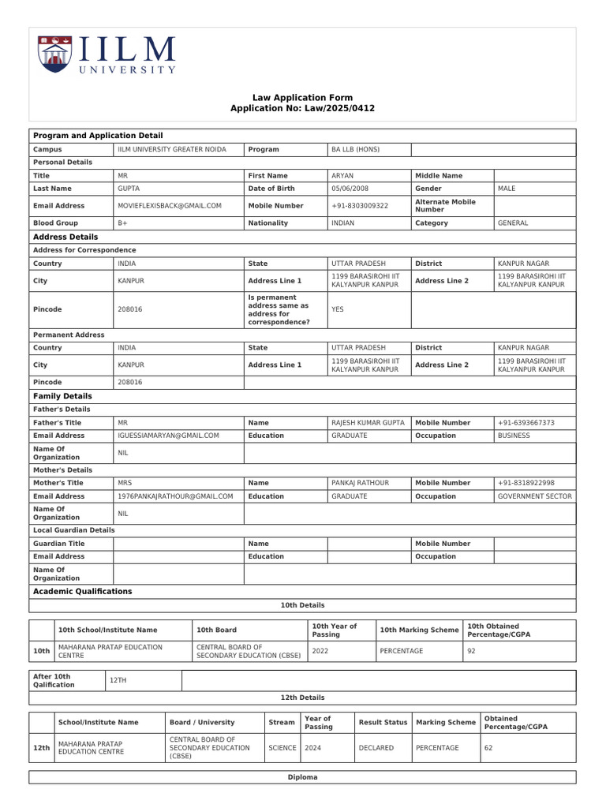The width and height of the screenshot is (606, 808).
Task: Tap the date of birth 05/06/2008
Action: click(350, 189)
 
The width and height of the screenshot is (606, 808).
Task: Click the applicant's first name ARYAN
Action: click(342, 176)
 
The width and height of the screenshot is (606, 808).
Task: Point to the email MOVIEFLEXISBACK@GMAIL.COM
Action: click(170, 206)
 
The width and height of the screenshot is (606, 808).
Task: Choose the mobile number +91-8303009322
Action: click(360, 206)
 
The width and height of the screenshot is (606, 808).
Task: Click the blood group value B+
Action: click(123, 223)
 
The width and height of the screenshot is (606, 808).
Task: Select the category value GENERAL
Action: click(513, 223)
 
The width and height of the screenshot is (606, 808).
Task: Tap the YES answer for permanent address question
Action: click(338, 310)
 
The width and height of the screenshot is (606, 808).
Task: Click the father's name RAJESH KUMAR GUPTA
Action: click(368, 423)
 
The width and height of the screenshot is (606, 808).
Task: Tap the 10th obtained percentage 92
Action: click(472, 652)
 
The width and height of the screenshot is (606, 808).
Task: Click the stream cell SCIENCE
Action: click(282, 748)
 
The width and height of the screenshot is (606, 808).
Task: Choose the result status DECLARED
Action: click(376, 748)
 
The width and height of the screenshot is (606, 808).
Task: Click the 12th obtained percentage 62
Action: click(488, 748)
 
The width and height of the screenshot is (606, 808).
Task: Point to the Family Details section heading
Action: click(62, 396)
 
